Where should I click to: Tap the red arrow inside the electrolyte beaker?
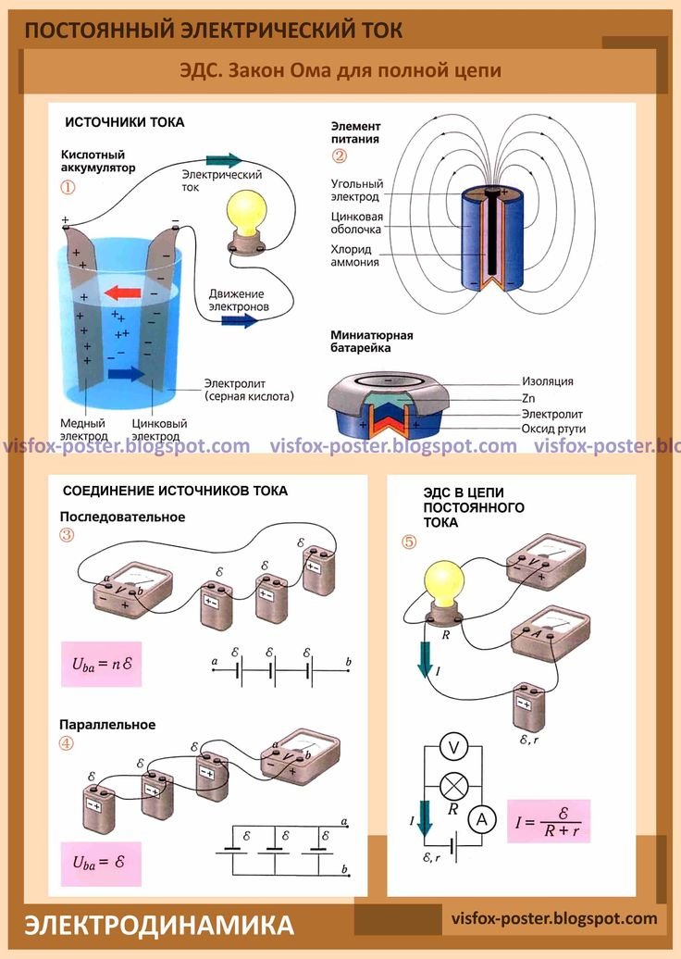(x=122, y=293)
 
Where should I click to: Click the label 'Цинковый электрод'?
(x=159, y=429)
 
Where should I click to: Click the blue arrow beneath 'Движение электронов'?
(x=239, y=320)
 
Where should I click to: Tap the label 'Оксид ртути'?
(x=552, y=429)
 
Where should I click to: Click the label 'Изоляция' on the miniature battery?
(x=547, y=380)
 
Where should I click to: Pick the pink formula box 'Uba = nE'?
(x=102, y=663)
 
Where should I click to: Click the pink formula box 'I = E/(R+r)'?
(x=548, y=819)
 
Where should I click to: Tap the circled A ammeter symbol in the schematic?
(x=479, y=818)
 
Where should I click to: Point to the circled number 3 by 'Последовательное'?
(x=67, y=535)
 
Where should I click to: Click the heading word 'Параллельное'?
(x=107, y=724)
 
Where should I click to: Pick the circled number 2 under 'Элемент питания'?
(x=340, y=156)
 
